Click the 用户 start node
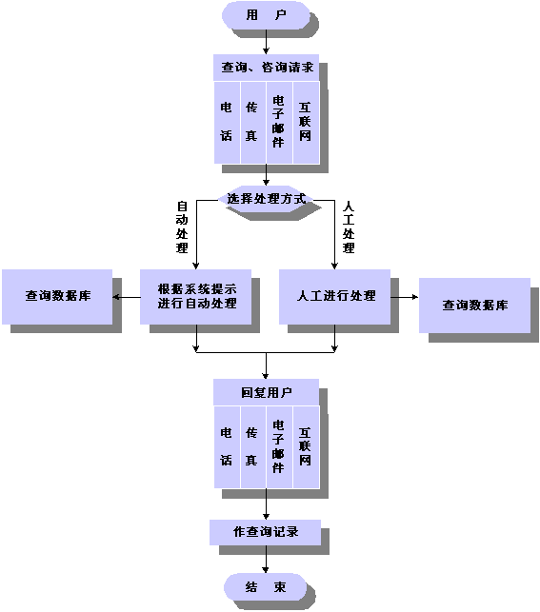pos(266,15)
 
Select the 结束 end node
pos(266,586)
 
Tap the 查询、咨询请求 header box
pos(266,68)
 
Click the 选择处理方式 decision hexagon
pos(266,199)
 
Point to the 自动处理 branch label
pos(182,227)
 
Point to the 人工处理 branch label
pos(349,227)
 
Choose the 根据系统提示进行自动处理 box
pos(195,297)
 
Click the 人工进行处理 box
pos(334,297)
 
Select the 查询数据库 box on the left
pos(57,297)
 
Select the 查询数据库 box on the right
pos(474,306)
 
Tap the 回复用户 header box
pos(266,392)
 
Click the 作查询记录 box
pos(265,532)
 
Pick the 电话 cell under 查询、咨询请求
pos(227,123)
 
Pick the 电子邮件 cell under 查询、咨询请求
pos(279,123)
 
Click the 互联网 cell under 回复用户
pos(306,447)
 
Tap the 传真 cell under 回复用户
pos(253,447)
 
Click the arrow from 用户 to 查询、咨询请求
pos(266,42)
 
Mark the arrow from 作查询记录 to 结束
pos(266,560)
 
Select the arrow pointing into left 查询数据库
pos(127,297)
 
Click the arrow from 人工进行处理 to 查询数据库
pos(405,297)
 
